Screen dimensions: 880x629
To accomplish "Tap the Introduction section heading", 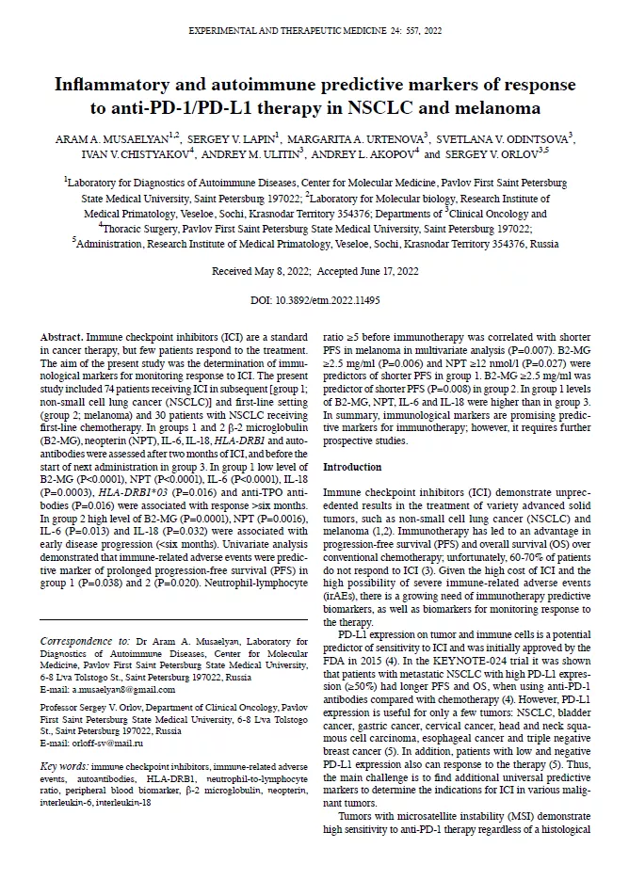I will [352, 468].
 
